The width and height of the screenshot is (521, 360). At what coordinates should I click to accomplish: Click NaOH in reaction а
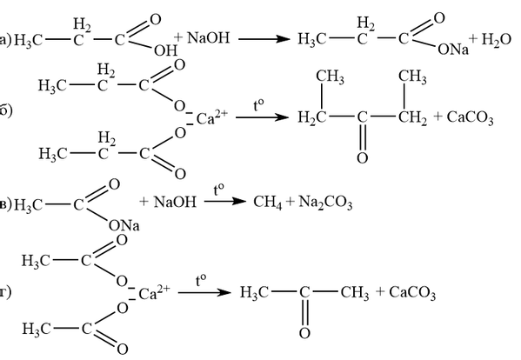(209, 37)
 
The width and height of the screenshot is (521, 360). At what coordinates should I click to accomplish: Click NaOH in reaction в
(175, 202)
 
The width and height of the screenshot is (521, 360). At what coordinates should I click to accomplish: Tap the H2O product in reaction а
(496, 39)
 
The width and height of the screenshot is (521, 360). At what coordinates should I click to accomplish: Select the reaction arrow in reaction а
(264, 39)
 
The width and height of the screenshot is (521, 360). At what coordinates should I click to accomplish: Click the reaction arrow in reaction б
(262, 117)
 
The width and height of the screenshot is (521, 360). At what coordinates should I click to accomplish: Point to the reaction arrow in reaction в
(225, 201)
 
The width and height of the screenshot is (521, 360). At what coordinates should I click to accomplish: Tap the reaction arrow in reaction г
(204, 292)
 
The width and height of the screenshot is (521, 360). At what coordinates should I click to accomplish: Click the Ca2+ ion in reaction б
(212, 117)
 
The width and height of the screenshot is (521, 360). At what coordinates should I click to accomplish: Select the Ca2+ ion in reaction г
(154, 293)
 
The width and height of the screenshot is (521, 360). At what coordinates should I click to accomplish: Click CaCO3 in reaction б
(470, 117)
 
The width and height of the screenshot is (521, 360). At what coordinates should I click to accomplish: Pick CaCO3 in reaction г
(412, 293)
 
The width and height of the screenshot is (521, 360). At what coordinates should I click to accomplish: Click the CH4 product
(268, 203)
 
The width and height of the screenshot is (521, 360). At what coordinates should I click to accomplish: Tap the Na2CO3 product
(325, 203)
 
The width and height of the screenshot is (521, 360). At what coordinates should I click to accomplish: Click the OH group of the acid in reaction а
(165, 50)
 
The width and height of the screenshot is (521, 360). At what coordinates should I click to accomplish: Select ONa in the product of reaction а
(453, 50)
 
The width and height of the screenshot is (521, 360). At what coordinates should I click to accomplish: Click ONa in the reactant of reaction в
(124, 225)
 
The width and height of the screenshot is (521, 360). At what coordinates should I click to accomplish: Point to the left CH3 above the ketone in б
(330, 77)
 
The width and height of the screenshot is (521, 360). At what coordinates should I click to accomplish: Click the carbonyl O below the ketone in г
(304, 333)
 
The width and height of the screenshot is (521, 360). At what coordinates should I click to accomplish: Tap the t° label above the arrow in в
(218, 190)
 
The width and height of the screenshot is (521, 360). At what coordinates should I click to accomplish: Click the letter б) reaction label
(5, 110)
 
